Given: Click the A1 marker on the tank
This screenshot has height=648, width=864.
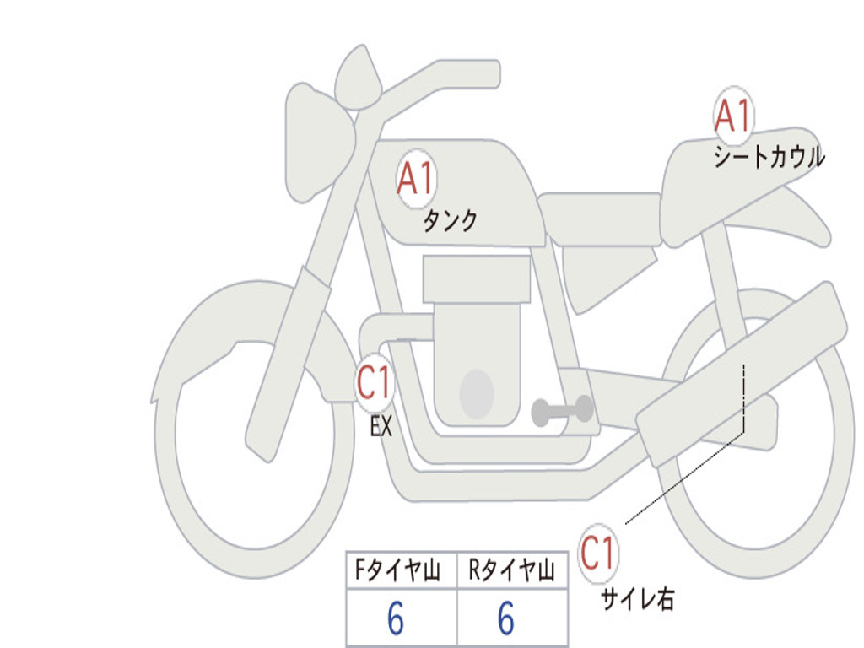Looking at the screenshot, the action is point(414,180).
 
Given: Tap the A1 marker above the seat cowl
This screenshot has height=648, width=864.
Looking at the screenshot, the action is point(732,116).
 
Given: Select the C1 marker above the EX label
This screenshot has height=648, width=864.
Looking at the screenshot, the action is point(374,384).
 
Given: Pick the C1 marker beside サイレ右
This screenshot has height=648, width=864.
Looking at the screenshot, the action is point(598,553).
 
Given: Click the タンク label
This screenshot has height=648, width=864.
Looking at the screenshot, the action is point(450,221).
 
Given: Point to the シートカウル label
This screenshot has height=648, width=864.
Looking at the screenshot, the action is point(769,158).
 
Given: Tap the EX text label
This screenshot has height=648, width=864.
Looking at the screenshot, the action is point(381,427).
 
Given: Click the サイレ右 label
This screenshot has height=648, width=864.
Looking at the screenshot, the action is point(637,599).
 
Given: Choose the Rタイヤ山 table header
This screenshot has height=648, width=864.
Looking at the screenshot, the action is point(511,572).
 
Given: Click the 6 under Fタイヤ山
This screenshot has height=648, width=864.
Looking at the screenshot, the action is point(396,620).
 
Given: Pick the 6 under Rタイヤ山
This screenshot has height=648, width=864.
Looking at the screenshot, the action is point(506,620).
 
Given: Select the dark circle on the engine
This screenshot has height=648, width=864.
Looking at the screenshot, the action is point(477,394).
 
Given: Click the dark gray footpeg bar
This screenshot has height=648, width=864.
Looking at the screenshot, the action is point(562,411).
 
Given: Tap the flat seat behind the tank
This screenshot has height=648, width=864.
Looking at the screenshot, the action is point(598,208).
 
